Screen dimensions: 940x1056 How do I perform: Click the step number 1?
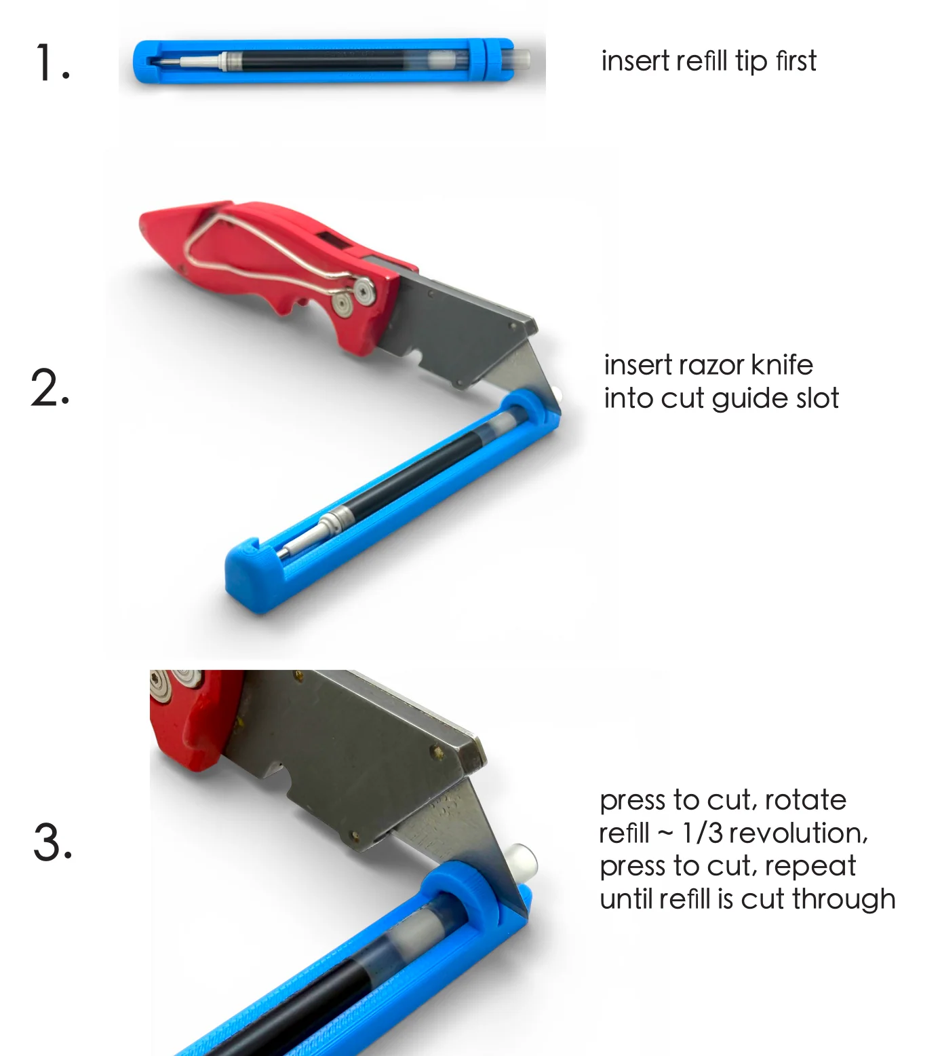point(52,63)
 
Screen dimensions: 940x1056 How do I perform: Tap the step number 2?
point(50,388)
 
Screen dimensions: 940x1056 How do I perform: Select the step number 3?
point(52,842)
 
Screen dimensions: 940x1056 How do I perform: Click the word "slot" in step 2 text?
point(817,398)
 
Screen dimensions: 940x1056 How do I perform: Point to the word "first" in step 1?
point(796,60)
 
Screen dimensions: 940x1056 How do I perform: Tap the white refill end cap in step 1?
point(521,59)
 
